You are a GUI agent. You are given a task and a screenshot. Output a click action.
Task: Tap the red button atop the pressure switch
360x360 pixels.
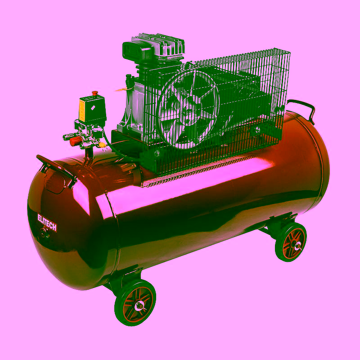pyautogui.click(x=94, y=93)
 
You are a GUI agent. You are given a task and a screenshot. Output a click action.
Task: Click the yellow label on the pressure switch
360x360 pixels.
pyautogui.click(x=82, y=110)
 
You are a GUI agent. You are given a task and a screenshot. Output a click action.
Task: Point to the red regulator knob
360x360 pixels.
pyautogui.click(x=75, y=140)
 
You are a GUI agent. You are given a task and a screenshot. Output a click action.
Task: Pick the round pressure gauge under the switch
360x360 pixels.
pyautogui.click(x=98, y=133)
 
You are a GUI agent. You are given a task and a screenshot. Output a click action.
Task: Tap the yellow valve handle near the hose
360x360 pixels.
pyautogui.click(x=102, y=145)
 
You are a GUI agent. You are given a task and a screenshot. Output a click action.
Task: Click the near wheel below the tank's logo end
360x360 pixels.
pyautogui.click(x=135, y=302)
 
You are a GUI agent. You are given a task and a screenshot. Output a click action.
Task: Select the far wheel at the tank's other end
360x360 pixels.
pyautogui.click(x=291, y=242)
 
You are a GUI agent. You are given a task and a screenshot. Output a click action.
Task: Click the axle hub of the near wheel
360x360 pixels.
pyautogui.click(x=139, y=306)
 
